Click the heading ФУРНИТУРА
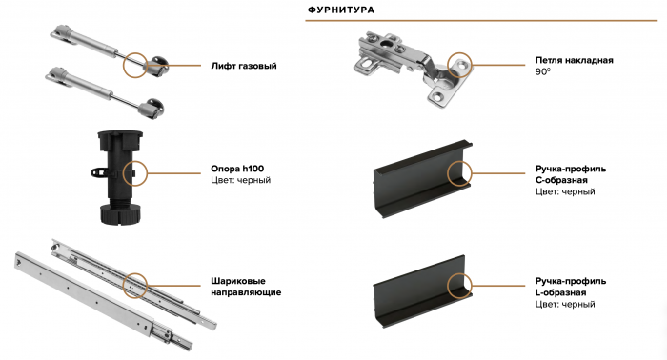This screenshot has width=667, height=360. pyautogui.click(x=340, y=10)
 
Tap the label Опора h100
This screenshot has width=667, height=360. pyautogui.click(x=237, y=169)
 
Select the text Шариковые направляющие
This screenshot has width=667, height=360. pyautogui.click(x=245, y=287)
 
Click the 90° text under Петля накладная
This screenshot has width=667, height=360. pyautogui.click(x=544, y=71)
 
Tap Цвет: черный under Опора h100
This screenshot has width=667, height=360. pyautogui.click(x=240, y=180)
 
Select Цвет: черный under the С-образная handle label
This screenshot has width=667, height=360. pyautogui.click(x=565, y=191)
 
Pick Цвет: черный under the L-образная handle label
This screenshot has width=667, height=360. pyautogui.click(x=565, y=304)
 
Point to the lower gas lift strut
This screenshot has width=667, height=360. pyautogui.click(x=100, y=90)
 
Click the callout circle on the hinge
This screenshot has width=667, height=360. pyautogui.click(x=460, y=66)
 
